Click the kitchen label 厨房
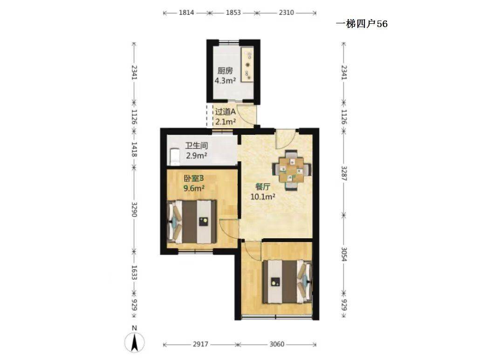(225, 71)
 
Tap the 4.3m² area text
(225, 81)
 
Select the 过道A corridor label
(225, 112)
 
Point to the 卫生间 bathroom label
(197, 145)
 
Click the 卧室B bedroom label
(193, 178)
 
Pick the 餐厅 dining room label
(263, 187)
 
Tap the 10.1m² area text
(263, 197)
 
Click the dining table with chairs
(292, 170)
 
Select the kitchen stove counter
(247, 64)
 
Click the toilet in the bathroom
(174, 157)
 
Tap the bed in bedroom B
(192, 222)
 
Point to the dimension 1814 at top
(186, 13)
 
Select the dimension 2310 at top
(286, 13)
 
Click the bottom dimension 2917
(200, 345)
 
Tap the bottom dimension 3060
(277, 345)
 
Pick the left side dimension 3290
(134, 209)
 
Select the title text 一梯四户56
(362, 24)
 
